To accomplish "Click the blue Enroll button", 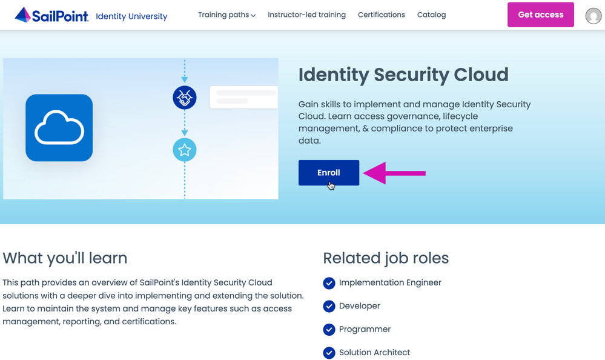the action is [329, 173].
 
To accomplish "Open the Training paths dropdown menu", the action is [227, 15].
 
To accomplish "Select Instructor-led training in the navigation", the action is [307, 15].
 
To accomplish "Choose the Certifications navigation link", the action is [381, 15].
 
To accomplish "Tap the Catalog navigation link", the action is [431, 15].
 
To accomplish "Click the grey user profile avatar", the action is [593, 16].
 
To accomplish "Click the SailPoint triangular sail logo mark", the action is [23, 15].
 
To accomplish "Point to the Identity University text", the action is [131, 16].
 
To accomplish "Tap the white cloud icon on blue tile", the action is [59, 127].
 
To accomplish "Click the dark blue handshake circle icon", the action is [185, 98].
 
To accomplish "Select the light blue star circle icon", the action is [185, 150].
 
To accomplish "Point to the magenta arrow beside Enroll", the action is [394, 173].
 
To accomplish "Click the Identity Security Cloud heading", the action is [403, 75].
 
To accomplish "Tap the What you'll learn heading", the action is [65, 258].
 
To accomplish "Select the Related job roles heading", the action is [386, 258].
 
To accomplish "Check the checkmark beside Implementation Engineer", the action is [329, 283].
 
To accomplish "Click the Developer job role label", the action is [360, 306].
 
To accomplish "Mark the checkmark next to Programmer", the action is [329, 330].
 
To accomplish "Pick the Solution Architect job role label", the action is [375, 352].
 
